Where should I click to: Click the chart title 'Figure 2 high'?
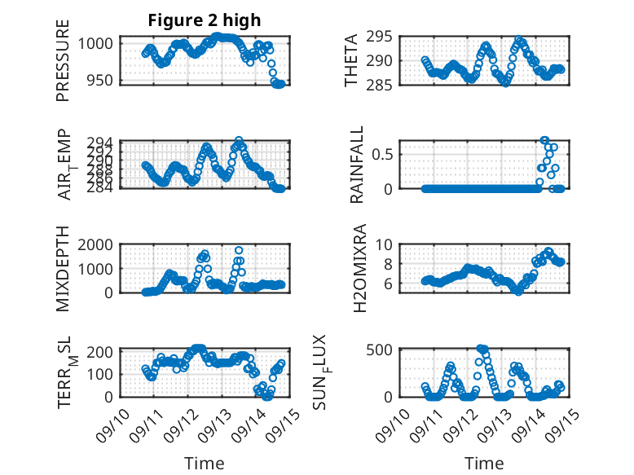(205, 20)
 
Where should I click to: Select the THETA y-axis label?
(351, 60)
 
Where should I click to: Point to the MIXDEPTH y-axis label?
(63, 269)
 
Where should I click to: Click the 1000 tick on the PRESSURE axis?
(100, 43)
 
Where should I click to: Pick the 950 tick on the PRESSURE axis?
(103, 80)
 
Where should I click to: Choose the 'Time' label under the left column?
(205, 464)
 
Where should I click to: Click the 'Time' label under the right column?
(484, 464)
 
